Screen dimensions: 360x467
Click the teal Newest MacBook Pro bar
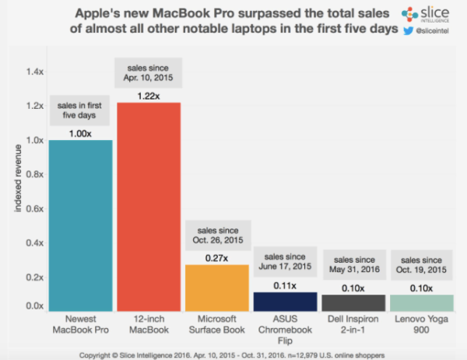79,226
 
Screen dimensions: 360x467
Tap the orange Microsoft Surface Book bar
217,288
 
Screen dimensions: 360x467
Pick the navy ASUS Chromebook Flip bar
286,302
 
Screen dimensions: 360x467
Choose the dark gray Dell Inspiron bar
354,303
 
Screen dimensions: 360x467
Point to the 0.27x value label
217,257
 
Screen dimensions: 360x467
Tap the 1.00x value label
79,132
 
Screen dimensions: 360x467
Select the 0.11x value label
286,285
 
